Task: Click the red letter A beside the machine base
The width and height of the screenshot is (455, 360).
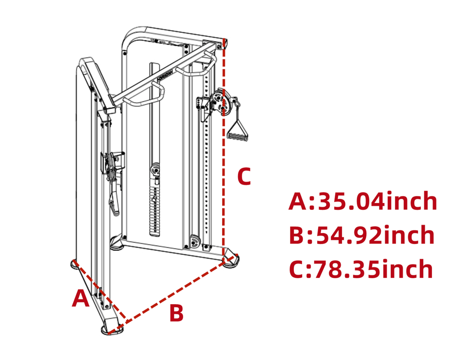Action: click(x=81, y=298)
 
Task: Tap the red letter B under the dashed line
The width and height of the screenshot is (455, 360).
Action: click(x=176, y=313)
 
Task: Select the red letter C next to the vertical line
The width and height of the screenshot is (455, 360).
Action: click(x=244, y=176)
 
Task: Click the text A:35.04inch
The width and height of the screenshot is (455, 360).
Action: click(x=363, y=201)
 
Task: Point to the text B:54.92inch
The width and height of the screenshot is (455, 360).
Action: click(x=362, y=235)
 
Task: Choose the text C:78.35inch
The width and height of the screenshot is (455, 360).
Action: click(x=361, y=269)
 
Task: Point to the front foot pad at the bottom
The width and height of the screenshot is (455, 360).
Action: click(x=112, y=329)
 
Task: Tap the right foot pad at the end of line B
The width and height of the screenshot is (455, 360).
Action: click(x=232, y=261)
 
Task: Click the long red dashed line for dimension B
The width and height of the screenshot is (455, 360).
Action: click(x=176, y=293)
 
